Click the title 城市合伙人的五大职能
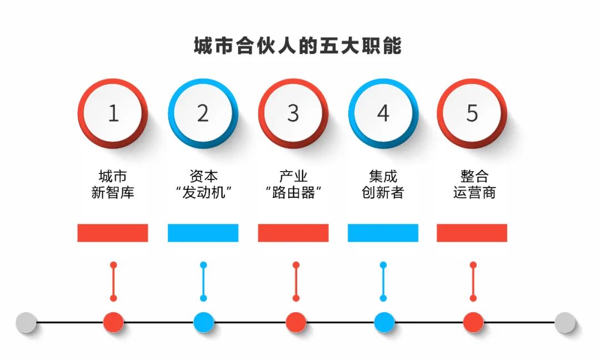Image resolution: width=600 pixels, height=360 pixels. tap(297, 46)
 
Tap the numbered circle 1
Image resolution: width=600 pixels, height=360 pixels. tap(113, 113)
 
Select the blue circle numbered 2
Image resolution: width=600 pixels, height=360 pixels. tap(203, 113)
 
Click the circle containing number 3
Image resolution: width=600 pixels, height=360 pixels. tap(293, 113)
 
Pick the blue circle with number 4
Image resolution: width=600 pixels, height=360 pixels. tap(383, 113)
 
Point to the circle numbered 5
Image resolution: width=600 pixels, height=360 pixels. tap(472, 113)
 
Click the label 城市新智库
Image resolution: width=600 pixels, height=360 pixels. tap(113, 185)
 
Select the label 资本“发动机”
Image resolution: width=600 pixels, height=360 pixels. tap(203, 185)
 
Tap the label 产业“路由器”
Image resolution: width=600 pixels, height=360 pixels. tap(293, 185)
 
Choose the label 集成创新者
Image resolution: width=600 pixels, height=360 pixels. tap(383, 185)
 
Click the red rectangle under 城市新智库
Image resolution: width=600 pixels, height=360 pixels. tap(113, 233)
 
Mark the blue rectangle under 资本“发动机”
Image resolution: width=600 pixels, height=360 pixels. tap(203, 233)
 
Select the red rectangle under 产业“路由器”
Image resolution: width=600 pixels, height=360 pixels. tap(293, 233)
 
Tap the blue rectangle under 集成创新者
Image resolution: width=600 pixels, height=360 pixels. tap(383, 233)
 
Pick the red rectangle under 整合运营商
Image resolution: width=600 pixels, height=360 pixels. tap(472, 233)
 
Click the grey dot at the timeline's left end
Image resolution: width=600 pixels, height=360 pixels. tap(26, 322)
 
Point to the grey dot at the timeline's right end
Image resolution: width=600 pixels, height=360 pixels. tap(565, 322)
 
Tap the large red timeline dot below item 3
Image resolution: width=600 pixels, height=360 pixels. tap(296, 322)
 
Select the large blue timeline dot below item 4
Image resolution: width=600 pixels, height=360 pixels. tap(384, 322)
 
